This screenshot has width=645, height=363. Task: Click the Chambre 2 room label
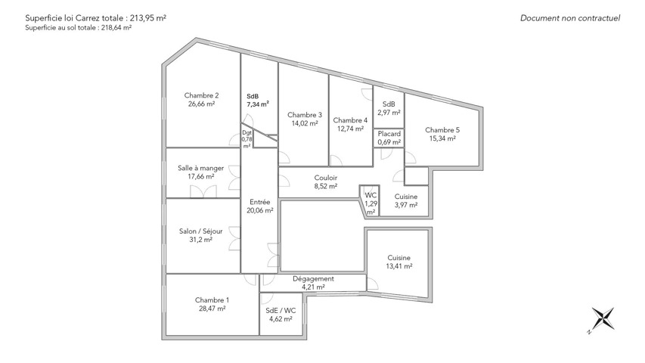[x=201, y=95]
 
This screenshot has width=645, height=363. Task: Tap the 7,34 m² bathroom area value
[x=258, y=104]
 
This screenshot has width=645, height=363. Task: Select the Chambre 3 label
[x=305, y=115]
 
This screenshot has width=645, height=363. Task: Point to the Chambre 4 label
[x=350, y=120]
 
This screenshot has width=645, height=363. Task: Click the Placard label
[x=389, y=134]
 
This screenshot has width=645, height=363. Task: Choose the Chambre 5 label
[x=442, y=130]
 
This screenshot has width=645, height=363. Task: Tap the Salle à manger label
[x=200, y=168]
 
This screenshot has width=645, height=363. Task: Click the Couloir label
[x=326, y=178]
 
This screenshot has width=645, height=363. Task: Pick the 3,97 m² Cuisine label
[x=406, y=197]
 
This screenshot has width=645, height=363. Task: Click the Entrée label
[x=260, y=202]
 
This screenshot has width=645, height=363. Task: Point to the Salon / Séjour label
[x=200, y=231]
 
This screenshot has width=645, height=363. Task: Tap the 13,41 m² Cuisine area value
[x=399, y=266]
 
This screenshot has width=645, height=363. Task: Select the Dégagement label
[x=313, y=279]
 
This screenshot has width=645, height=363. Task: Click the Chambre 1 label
[x=212, y=300]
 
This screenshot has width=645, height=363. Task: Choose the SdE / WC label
[x=281, y=311]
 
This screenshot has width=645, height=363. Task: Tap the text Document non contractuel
[x=570, y=18]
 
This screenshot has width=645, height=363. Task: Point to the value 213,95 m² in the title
[x=148, y=18]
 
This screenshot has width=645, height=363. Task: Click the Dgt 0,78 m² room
[x=247, y=139]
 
